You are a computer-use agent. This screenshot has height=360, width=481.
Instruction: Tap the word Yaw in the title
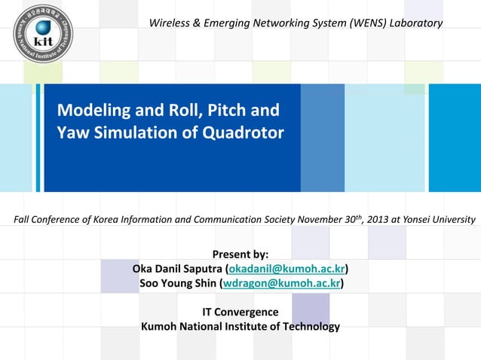(x=72, y=133)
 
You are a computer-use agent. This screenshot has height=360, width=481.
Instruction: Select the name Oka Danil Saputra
(x=177, y=269)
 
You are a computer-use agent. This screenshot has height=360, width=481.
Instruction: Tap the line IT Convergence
(x=240, y=312)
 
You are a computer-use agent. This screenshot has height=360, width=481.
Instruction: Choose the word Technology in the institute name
(x=309, y=326)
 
